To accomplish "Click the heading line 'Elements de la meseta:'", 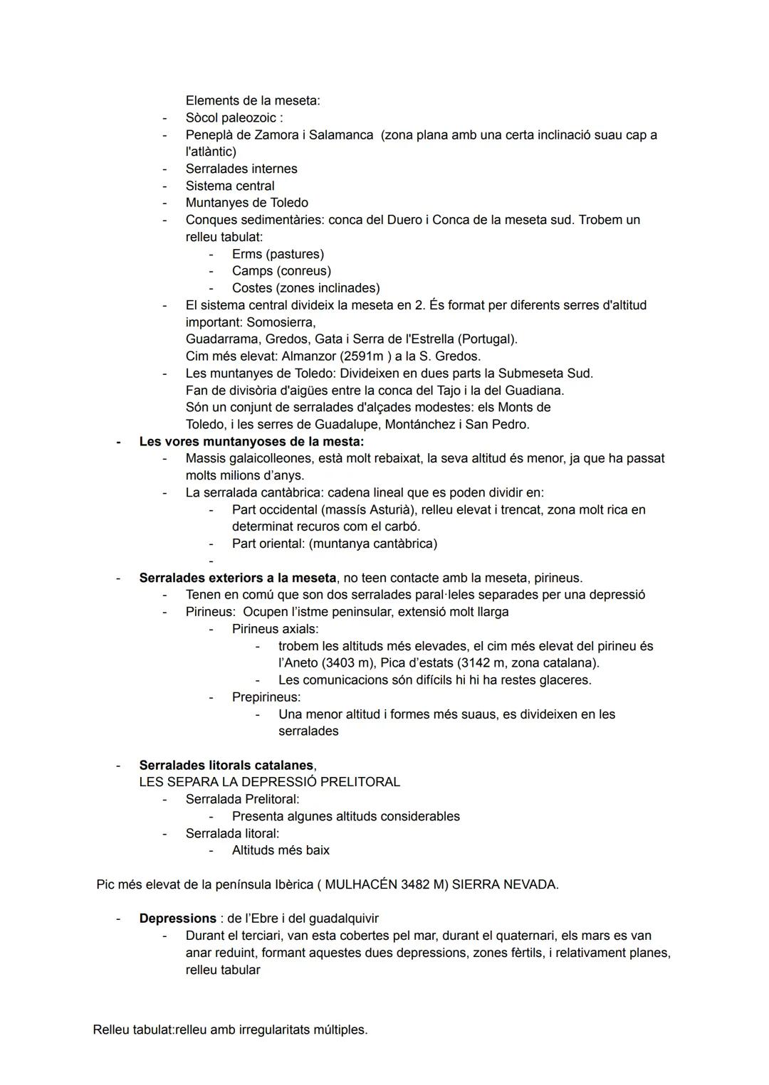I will (x=252, y=100).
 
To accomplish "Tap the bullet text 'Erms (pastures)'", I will (x=278, y=254).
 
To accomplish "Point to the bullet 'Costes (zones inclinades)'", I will (x=305, y=288).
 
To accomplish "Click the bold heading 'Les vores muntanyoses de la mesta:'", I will (x=251, y=441).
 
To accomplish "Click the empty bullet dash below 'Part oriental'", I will (x=211, y=561).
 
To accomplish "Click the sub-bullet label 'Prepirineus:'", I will (x=266, y=697).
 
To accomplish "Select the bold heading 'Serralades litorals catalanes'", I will (x=226, y=765).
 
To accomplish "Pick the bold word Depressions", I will (x=177, y=919).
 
